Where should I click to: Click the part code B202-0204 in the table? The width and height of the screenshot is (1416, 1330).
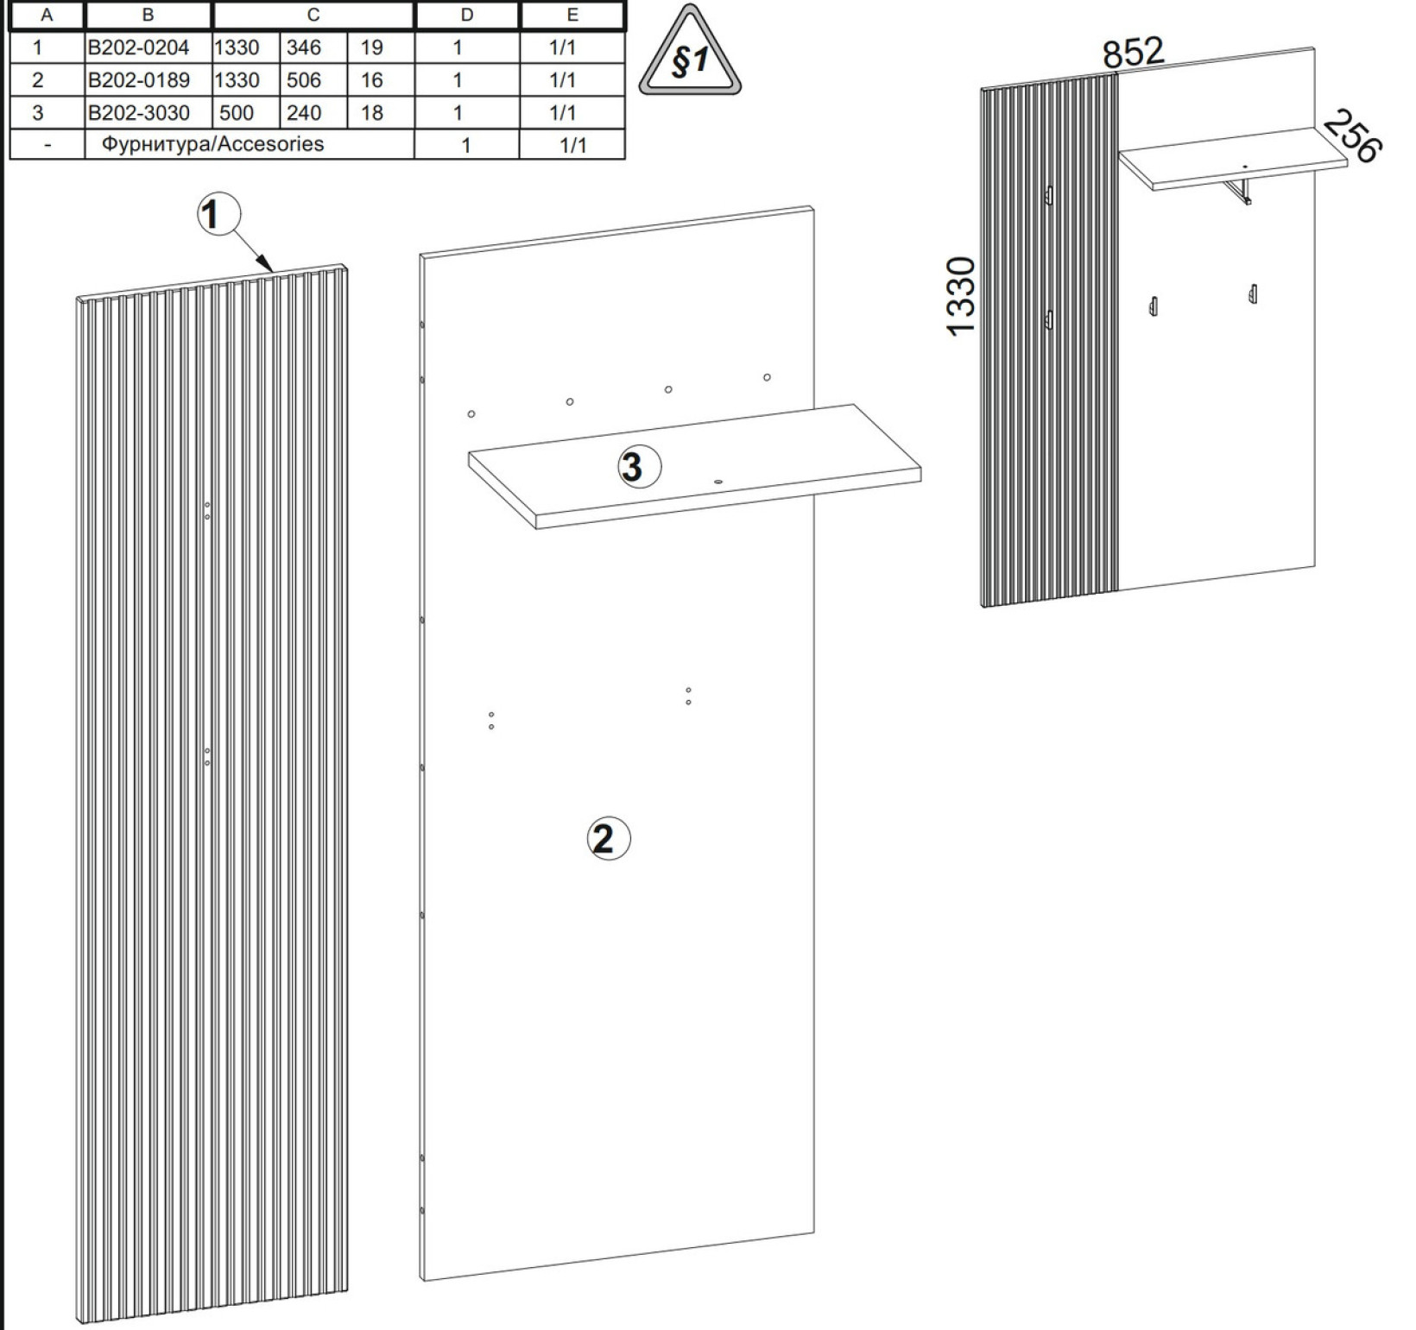click(138, 47)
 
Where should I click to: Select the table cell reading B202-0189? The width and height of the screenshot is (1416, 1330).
click(138, 80)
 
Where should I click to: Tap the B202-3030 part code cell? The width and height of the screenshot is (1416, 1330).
click(138, 113)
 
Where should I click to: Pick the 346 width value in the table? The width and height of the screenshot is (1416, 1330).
click(304, 47)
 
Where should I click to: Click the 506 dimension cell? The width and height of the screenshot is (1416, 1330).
click(304, 80)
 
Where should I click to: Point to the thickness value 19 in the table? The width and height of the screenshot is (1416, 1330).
click(372, 47)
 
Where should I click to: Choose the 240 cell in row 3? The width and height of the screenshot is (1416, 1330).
click(304, 113)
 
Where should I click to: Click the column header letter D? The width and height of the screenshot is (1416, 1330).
click(467, 15)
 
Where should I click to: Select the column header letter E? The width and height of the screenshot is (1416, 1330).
click(572, 15)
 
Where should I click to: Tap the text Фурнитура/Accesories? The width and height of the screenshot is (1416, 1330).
click(212, 144)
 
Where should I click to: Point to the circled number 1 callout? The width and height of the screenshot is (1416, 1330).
click(218, 214)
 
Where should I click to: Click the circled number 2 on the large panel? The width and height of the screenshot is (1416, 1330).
click(608, 838)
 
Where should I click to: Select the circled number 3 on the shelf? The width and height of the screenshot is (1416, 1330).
click(639, 467)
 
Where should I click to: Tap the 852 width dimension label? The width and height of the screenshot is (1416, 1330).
click(1134, 53)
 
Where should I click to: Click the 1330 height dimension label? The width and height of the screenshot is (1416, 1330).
click(961, 296)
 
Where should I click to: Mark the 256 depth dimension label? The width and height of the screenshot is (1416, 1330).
click(1352, 136)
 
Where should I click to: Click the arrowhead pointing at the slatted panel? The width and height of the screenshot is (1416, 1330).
click(267, 265)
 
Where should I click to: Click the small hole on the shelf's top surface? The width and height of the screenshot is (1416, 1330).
click(717, 482)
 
